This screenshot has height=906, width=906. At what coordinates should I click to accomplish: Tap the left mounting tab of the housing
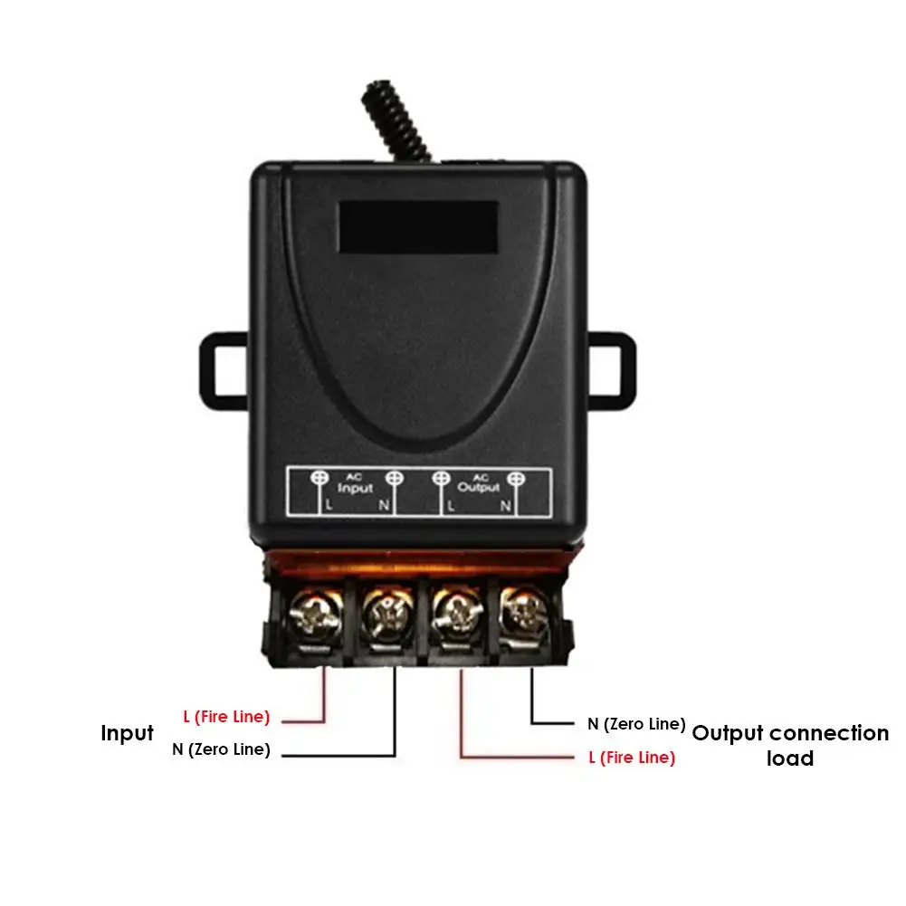[x=223, y=367]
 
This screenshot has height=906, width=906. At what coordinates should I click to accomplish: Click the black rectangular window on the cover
[x=419, y=225]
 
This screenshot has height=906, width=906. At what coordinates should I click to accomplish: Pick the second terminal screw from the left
[x=381, y=615]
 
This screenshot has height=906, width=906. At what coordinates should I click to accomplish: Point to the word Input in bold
[x=127, y=733]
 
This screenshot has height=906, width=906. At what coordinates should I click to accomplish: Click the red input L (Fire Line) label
[x=226, y=717]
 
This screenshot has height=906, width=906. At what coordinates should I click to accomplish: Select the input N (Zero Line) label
[x=221, y=749]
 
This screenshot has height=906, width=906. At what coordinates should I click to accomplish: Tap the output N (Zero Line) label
[x=636, y=723]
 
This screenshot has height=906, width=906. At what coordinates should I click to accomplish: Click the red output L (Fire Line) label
[x=632, y=758]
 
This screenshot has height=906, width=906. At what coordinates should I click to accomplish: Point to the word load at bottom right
[x=790, y=758]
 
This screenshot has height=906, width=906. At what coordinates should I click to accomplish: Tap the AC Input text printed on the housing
[x=355, y=484]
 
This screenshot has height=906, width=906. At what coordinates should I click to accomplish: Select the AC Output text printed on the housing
[x=478, y=484]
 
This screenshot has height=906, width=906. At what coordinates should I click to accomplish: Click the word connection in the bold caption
[x=829, y=733]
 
